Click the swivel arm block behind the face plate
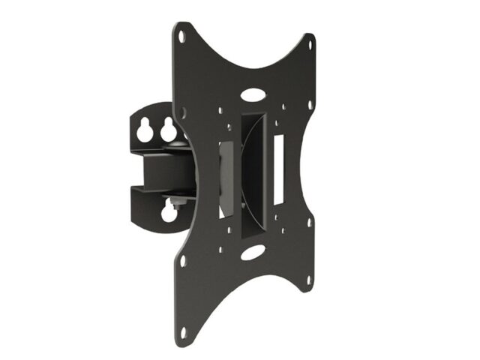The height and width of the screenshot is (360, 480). tap(160, 171)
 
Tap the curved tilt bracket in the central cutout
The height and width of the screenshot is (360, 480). tap(253, 172)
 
